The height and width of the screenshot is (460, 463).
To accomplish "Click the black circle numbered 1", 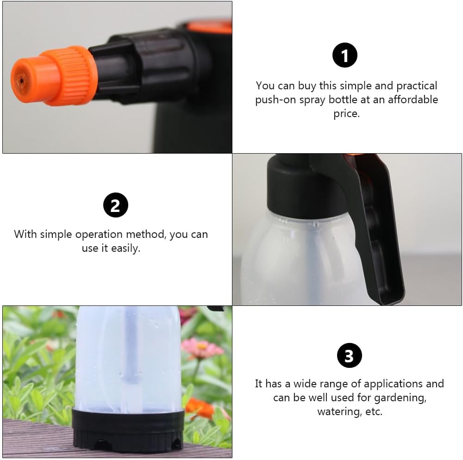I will [x=345, y=56].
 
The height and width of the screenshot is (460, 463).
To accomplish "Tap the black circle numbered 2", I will [x=115, y=205].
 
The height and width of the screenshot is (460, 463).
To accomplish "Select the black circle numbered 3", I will [x=349, y=356].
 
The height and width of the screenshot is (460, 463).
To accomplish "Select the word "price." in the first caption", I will [x=346, y=114].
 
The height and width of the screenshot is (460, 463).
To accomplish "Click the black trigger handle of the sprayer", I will [x=380, y=231].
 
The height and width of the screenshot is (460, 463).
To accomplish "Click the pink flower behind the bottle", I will [x=201, y=347].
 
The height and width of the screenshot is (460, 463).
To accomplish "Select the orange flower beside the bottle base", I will [x=199, y=407].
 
